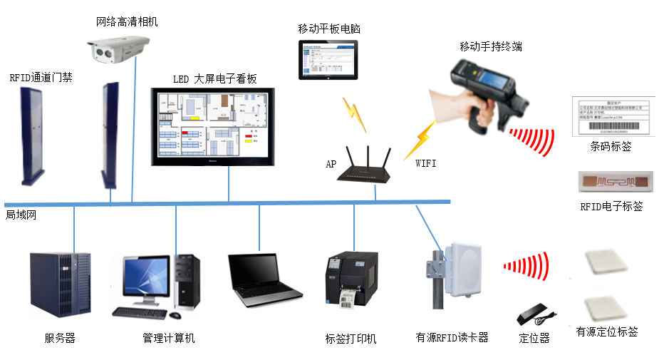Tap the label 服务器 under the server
pyautogui.click(x=60, y=338)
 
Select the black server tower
pyautogui.click(x=60, y=284)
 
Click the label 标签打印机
pyautogui.click(x=351, y=339)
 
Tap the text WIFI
pyautogui.click(x=426, y=163)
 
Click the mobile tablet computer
pyautogui.click(x=328, y=62)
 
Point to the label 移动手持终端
pyautogui.click(x=492, y=46)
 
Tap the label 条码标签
pyautogui.click(x=611, y=146)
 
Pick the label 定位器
pyautogui.click(x=534, y=338)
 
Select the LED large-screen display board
pyautogui.click(x=213, y=127)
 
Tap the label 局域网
pyautogui.click(x=21, y=215)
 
